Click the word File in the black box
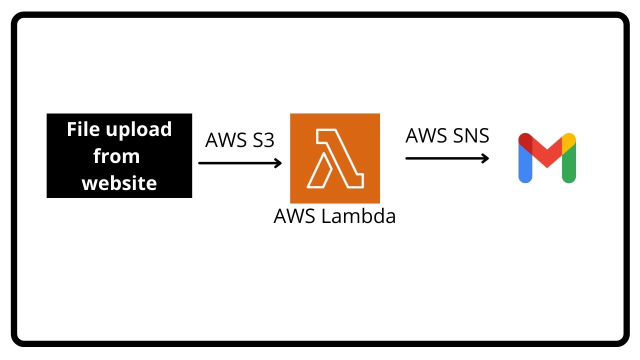(x=83, y=130)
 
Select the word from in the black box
(x=116, y=156)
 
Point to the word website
(x=119, y=183)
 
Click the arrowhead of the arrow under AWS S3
(x=278, y=163)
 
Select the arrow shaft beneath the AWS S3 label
(x=235, y=163)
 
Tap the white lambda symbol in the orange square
(x=334, y=158)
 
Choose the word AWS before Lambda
(x=293, y=216)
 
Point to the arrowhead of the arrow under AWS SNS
(x=484, y=158)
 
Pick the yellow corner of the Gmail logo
(x=569, y=140)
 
